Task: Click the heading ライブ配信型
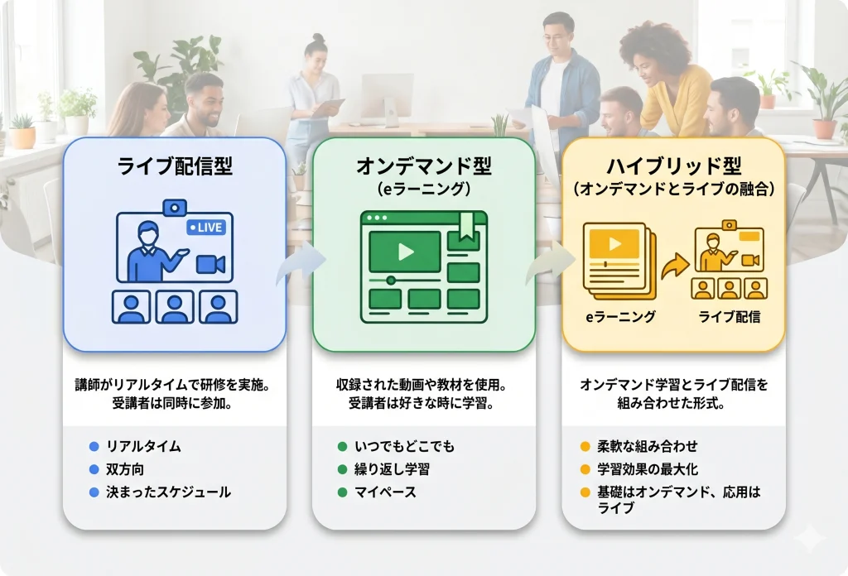pos(175,166)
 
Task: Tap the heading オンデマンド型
pos(424,166)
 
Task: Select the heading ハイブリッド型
pos(674,166)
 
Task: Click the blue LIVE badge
pos(205,228)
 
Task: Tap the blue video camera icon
pos(210,264)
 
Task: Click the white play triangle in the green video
pos(406,252)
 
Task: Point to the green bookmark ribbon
pos(466,226)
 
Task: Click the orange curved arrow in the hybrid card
pos(675,266)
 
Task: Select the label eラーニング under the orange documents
pos(620,317)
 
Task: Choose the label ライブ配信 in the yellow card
pos(730,317)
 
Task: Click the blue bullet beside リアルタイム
pos(94,446)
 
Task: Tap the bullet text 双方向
pos(125,469)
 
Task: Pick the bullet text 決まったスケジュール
pos(168,492)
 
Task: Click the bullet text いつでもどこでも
pos(404,446)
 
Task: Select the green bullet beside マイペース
pos(342,492)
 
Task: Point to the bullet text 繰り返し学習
pos(392,469)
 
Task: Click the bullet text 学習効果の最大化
pos(648,469)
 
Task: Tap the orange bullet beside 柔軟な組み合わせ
pos(585,446)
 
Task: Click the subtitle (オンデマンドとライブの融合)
pos(674,189)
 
